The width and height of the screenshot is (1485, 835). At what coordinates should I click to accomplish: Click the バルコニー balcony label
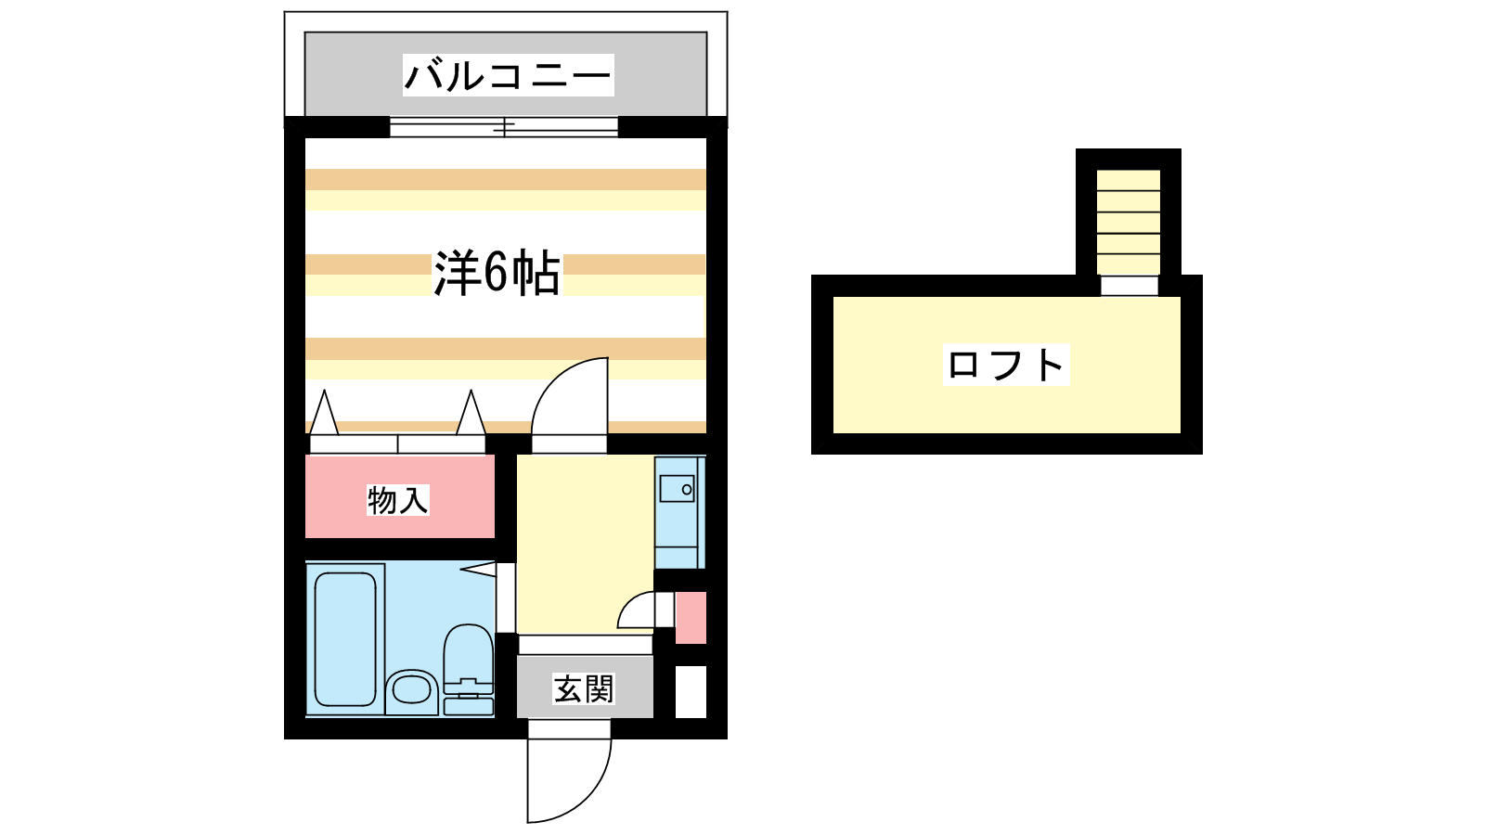[x=508, y=75]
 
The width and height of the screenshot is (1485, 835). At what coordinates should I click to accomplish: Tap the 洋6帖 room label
[x=497, y=273]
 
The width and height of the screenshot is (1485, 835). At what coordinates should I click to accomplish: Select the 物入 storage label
[x=398, y=500]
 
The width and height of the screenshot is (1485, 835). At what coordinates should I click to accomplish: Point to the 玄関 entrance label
[x=584, y=689]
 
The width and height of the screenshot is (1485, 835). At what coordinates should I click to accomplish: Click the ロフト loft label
[x=1006, y=365]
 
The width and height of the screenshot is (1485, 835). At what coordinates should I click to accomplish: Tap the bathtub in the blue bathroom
[x=345, y=639]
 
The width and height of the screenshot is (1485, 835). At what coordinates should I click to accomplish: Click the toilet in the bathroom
[x=468, y=669]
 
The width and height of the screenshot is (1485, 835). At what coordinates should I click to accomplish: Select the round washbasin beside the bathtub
[x=412, y=690]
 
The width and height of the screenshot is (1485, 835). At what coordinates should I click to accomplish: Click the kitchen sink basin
[x=677, y=489]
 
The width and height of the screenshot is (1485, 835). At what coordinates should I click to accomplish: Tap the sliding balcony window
[x=504, y=126]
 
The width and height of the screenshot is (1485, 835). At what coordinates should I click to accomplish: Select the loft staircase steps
[x=1129, y=222]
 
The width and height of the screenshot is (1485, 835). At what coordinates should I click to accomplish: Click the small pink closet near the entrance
[x=691, y=618]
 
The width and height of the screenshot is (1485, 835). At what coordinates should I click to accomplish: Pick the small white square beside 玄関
[x=691, y=691]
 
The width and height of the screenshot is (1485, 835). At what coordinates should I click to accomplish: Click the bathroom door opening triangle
[x=478, y=569]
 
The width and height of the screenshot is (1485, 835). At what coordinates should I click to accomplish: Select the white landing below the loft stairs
[x=1130, y=286]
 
